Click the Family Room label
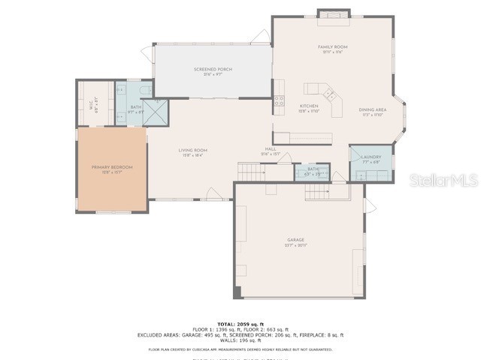point(332,49)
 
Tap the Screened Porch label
point(213,71)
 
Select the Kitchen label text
point(310,109)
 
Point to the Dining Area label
point(374,112)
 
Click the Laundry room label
point(371,159)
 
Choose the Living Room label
point(192,152)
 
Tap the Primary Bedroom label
point(111,169)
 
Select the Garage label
point(295,242)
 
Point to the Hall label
point(271,151)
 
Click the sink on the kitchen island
point(329,94)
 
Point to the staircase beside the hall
point(251,172)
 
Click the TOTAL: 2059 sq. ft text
point(240,323)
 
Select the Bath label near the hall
point(312,172)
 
